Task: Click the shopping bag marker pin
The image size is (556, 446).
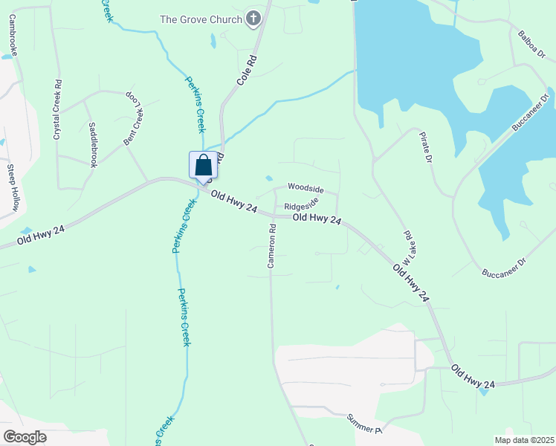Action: pos(203,166)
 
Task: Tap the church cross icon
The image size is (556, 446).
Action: pos(253,19)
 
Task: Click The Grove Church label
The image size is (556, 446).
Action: pos(201,19)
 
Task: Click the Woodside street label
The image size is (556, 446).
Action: pos(306,188)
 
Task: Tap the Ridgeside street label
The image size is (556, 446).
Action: pos(302,204)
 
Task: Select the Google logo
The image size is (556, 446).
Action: pos(24,437)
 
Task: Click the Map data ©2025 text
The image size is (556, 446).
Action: pos(525,440)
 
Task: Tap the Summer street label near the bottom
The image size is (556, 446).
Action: pos(363,424)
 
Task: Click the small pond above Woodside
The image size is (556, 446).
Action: pos(268,178)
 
